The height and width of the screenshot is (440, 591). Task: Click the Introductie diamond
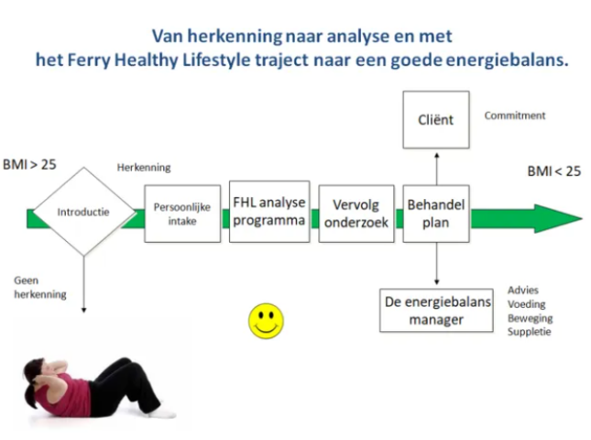(84, 212)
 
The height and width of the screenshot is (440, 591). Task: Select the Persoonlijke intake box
(182, 214)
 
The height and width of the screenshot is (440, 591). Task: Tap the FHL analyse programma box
(269, 212)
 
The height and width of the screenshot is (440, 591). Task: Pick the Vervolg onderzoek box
(356, 214)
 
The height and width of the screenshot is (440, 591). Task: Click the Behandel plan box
(436, 214)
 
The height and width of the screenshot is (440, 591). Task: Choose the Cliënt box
(436, 119)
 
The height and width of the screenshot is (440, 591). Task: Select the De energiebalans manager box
(436, 311)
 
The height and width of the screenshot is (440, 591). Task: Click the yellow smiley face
(266, 321)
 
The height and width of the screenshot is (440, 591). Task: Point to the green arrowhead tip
(583, 218)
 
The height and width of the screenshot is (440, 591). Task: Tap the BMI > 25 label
(29, 165)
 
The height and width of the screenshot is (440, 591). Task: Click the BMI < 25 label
(554, 171)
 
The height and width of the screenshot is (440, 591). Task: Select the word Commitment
(515, 115)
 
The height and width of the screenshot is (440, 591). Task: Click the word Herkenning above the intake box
(144, 168)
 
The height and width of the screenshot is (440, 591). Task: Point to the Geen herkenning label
(40, 287)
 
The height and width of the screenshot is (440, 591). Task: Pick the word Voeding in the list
(527, 304)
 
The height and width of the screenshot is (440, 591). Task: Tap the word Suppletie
(530, 332)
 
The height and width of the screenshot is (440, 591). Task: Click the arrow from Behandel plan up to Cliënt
(437, 169)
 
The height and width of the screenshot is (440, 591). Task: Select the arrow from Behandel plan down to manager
(437, 264)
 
